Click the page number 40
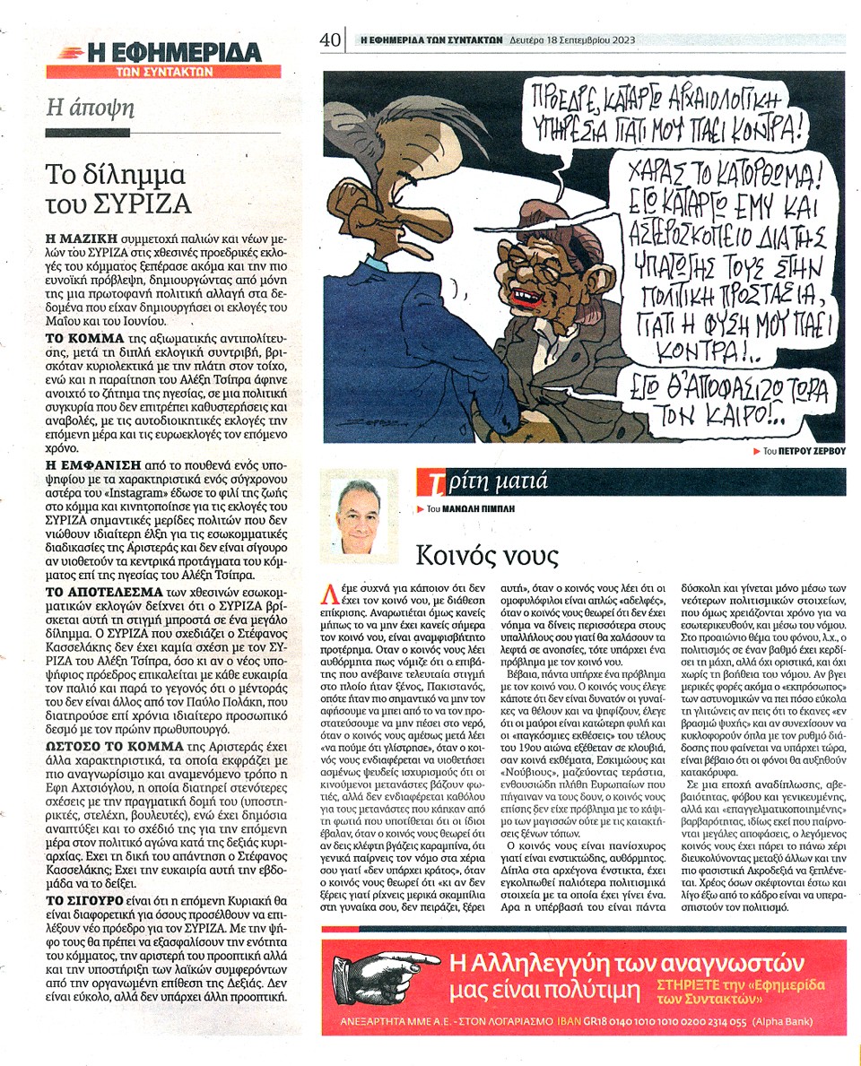pos(331,40)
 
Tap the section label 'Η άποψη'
pos(91,108)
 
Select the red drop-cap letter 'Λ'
pos(331,592)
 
